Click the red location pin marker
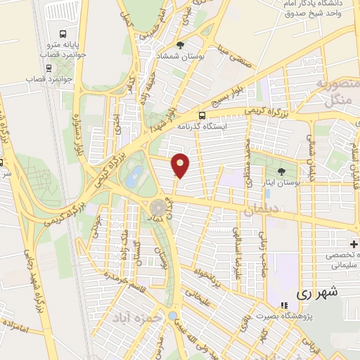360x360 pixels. [x=181, y=165]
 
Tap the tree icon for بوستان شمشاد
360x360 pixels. [x=181, y=46]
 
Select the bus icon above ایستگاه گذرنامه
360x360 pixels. [x=202, y=115]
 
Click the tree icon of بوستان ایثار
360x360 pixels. [x=282, y=172]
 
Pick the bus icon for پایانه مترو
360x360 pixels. [x=63, y=34]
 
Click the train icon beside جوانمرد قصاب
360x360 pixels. [x=49, y=68]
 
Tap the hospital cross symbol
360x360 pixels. [x=354, y=244]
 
